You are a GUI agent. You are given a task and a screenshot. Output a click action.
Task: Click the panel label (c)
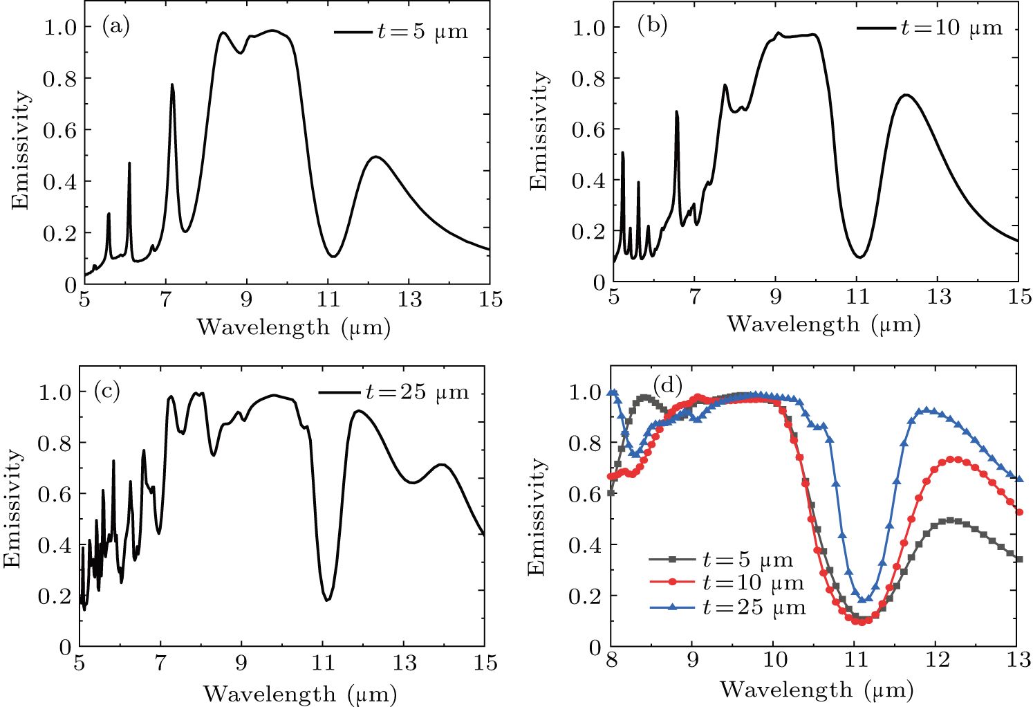pos(106,391)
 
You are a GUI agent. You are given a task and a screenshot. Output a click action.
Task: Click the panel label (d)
pos(668,383)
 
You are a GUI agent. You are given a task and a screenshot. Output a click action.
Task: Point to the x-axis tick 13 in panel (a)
pos(409,300)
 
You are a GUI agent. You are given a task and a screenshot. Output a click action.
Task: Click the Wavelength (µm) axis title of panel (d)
pos(817,690)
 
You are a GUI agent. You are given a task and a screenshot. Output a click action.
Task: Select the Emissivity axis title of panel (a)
pos(20,149)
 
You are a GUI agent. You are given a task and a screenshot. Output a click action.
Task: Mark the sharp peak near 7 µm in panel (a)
pos(172,85)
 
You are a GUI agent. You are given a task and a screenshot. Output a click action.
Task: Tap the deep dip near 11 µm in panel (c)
pos(327,600)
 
